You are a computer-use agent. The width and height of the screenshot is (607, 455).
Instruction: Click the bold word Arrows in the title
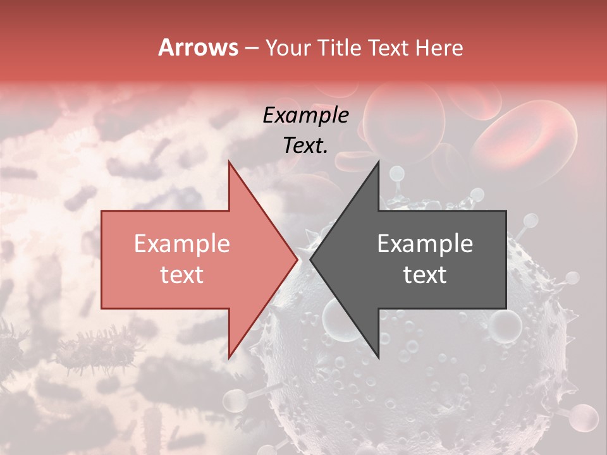click(x=198, y=47)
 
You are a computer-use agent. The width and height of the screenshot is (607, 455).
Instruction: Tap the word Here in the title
click(x=439, y=47)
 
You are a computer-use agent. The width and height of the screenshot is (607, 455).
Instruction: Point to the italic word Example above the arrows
click(x=305, y=116)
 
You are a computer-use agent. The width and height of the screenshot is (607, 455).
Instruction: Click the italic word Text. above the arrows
click(x=305, y=146)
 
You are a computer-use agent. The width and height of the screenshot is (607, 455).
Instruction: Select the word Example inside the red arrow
click(x=181, y=244)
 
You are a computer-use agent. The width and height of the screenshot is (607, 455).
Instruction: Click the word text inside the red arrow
click(x=181, y=274)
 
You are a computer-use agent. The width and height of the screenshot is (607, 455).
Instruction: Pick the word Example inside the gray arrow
click(x=425, y=244)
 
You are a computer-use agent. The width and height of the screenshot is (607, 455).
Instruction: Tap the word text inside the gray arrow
click(x=425, y=274)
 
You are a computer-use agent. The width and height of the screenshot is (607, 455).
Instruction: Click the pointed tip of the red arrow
click(x=297, y=259)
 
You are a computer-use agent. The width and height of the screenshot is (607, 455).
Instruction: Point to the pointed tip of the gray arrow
click(x=310, y=259)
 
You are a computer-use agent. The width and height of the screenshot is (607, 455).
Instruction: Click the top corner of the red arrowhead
click(x=229, y=161)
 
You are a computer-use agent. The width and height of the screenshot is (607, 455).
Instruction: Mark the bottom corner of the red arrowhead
click(x=229, y=358)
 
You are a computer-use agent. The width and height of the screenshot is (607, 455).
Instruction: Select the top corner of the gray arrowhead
click(x=378, y=161)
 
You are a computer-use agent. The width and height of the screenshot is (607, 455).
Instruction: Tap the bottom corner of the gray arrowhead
click(x=378, y=358)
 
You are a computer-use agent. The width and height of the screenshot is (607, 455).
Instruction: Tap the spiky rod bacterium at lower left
click(x=95, y=351)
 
